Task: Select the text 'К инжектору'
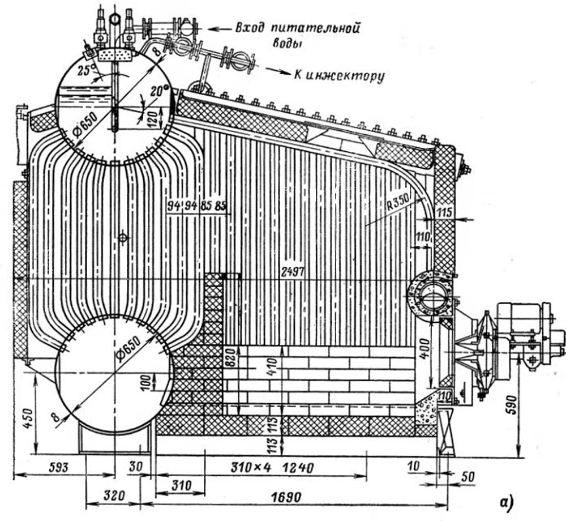pos(338,75)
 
